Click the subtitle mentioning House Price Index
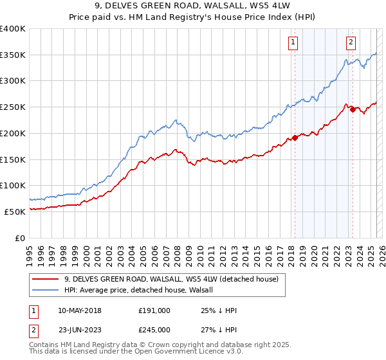tap(193, 18)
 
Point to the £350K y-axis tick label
tap(13, 55)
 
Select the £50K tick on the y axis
tap(15, 212)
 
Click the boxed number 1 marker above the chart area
tap(293, 43)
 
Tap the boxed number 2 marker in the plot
tap(351, 43)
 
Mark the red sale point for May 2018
tap(295, 138)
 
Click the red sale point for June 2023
tap(353, 109)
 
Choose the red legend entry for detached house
tap(170, 279)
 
